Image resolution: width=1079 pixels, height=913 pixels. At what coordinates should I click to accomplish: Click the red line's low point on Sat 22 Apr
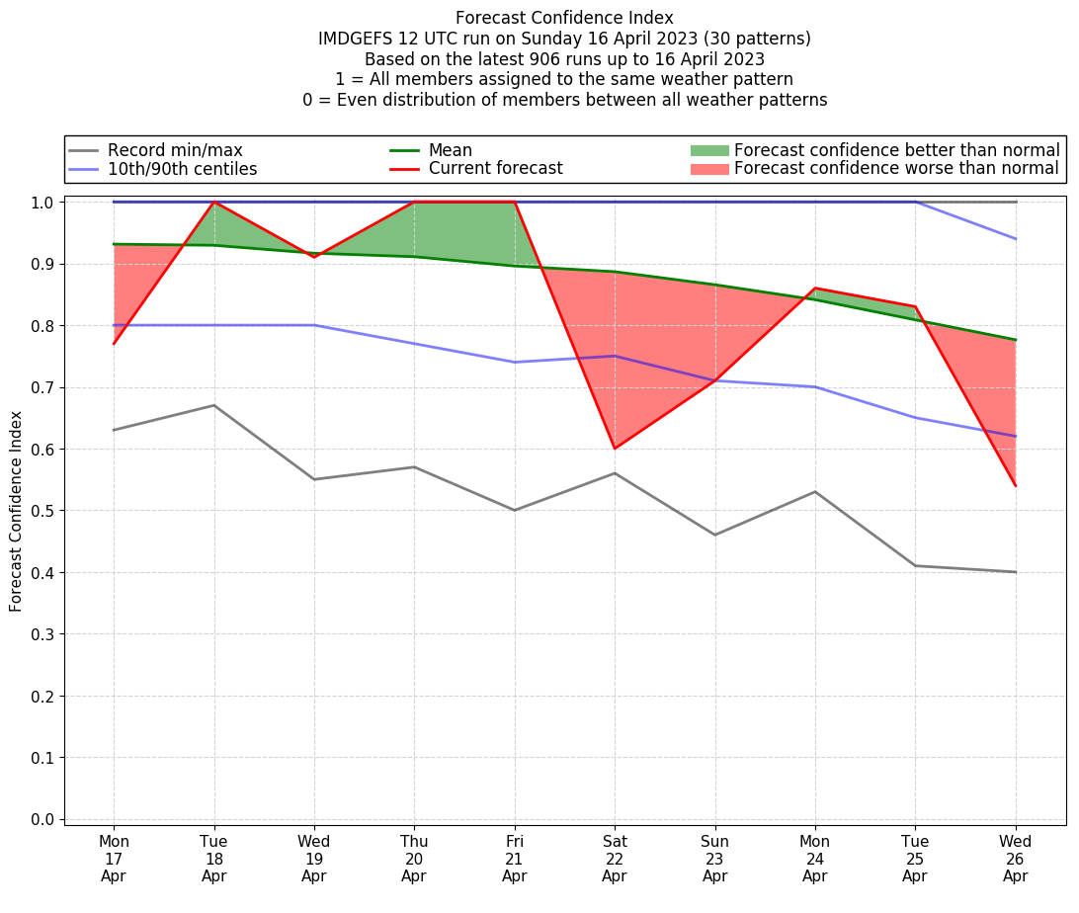click(x=615, y=449)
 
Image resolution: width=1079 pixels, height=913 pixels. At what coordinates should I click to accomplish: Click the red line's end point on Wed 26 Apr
click(x=1016, y=485)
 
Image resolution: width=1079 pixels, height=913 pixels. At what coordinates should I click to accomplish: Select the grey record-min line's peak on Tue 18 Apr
click(x=214, y=405)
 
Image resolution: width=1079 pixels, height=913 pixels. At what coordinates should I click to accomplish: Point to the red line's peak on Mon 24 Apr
click(x=815, y=289)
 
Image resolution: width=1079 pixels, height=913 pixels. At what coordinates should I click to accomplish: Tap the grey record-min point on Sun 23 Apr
click(x=715, y=535)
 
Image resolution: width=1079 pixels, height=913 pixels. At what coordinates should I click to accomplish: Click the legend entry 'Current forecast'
click(x=495, y=169)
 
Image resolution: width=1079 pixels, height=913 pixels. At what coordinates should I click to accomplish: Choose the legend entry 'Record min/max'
click(x=174, y=150)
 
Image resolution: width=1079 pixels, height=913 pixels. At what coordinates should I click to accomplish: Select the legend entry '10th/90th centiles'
click(x=182, y=169)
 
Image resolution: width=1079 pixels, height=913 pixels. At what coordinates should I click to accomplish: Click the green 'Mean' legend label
click(x=450, y=150)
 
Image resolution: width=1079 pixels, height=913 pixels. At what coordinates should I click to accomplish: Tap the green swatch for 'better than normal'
click(x=708, y=150)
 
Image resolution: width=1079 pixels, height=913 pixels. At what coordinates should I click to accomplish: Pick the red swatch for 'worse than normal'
click(x=708, y=169)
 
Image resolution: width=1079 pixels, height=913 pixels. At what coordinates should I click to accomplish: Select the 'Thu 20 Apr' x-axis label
click(x=414, y=859)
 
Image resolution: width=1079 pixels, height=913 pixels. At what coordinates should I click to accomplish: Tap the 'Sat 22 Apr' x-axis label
click(x=615, y=859)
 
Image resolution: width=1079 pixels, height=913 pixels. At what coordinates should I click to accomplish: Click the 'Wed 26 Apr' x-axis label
click(x=1016, y=859)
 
